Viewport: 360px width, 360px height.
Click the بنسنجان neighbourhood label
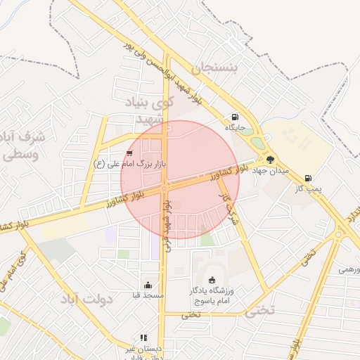tap(210, 68)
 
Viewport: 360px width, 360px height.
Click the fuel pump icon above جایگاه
tap(234, 117)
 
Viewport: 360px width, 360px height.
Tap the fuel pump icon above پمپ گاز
tap(307, 178)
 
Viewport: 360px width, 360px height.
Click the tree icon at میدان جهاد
tap(271, 160)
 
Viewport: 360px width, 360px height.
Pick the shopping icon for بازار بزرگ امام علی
tap(129, 153)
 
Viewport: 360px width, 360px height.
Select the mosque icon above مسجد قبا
tap(148, 285)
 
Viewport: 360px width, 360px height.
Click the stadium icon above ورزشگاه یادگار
tap(212, 281)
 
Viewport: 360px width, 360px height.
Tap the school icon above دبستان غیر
tap(143, 337)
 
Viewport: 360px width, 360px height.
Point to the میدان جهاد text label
tap(266, 171)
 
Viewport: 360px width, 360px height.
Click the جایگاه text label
tap(234, 128)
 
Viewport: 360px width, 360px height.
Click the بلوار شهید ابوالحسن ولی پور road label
tap(172, 75)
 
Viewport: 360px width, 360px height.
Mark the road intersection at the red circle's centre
tap(164, 188)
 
